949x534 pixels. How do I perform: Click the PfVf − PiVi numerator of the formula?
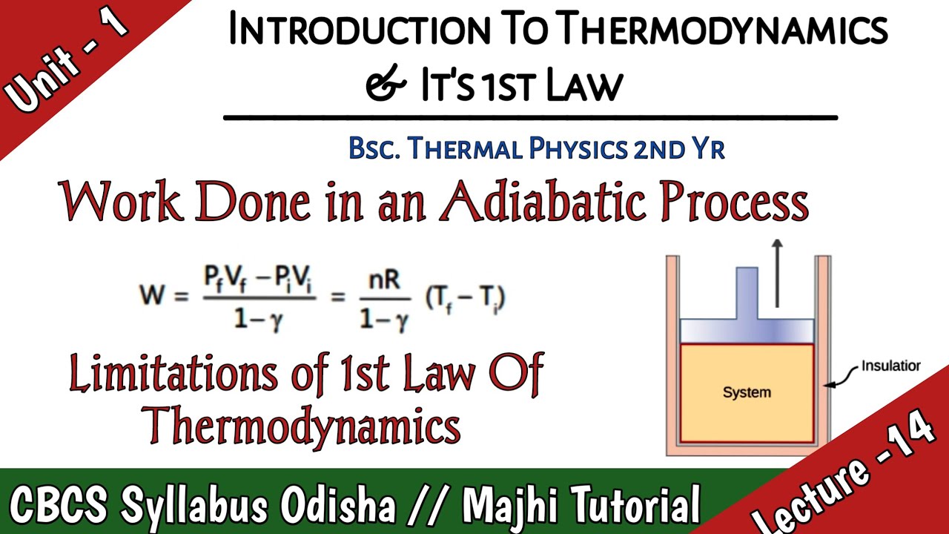pos(259,281)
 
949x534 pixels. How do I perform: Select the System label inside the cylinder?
pos(747,392)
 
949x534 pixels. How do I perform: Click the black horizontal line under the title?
pos(530,117)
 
